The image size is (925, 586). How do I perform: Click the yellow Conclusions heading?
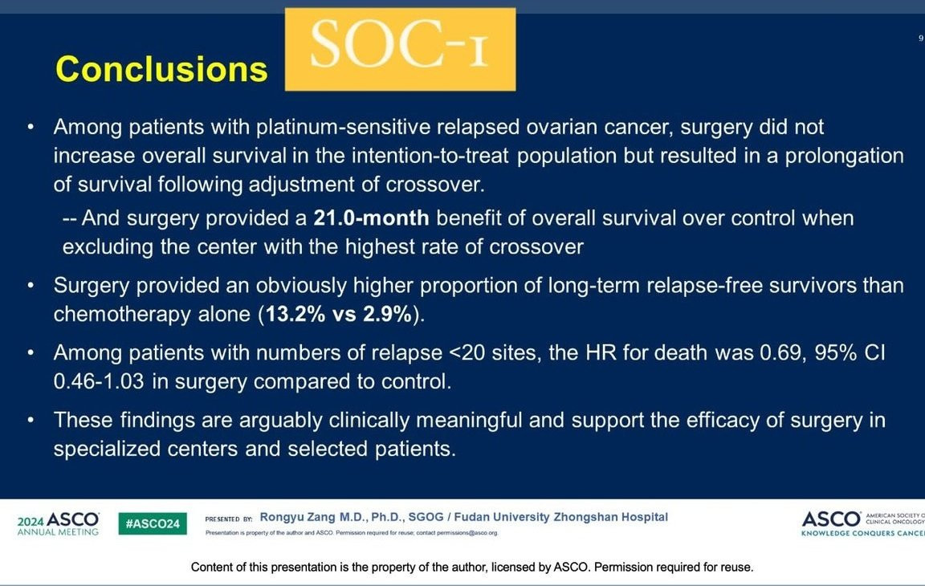tap(161, 69)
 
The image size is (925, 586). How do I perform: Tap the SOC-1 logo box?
tap(400, 49)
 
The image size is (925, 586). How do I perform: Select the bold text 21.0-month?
tap(371, 218)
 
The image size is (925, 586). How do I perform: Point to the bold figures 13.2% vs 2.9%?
tap(339, 314)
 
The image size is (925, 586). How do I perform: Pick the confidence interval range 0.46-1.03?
tap(99, 381)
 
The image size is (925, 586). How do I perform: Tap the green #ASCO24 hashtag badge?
tap(153, 523)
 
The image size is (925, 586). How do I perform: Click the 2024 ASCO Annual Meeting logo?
tap(58, 523)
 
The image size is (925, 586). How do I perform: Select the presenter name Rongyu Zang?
tap(297, 517)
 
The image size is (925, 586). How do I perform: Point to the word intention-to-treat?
tap(430, 156)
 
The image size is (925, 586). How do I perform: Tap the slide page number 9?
tap(920, 39)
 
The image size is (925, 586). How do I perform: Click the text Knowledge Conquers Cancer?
tap(862, 533)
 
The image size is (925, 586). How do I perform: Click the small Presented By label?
tap(228, 519)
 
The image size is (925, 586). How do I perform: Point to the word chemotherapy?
tap(122, 314)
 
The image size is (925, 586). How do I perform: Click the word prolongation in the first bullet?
tap(844, 157)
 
